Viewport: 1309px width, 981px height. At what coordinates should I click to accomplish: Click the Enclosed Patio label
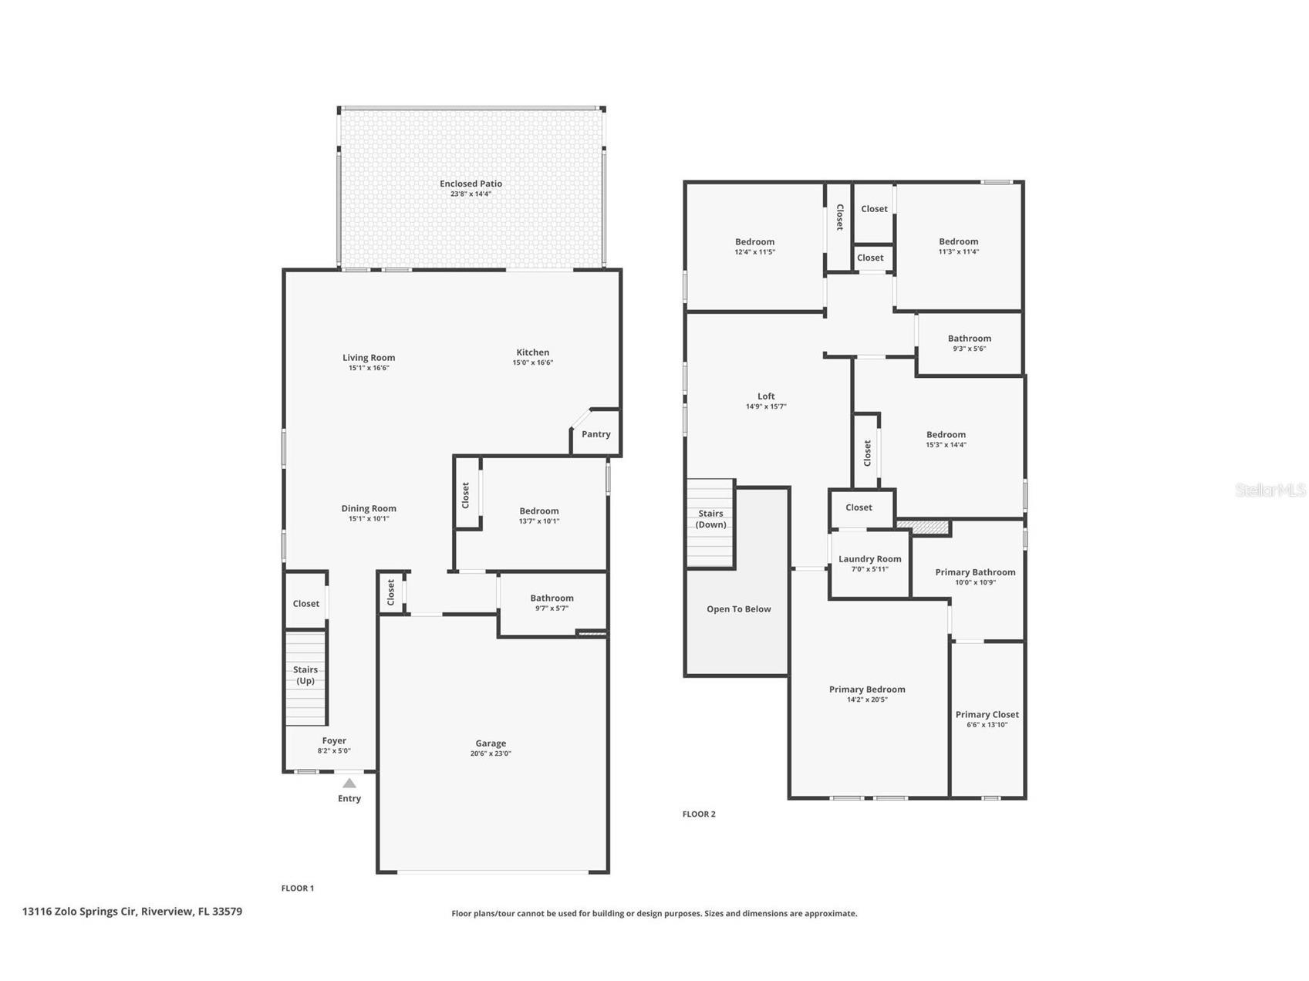tap(471, 184)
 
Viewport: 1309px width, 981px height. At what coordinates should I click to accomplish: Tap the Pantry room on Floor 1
tap(595, 434)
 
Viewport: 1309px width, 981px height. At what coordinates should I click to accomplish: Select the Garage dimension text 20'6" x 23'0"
tap(491, 753)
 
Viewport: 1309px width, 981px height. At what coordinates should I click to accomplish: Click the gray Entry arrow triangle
tap(349, 783)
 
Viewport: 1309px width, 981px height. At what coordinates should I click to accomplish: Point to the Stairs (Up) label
tap(305, 675)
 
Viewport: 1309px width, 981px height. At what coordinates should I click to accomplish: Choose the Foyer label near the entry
tap(334, 740)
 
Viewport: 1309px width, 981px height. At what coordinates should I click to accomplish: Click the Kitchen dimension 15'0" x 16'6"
tap(533, 362)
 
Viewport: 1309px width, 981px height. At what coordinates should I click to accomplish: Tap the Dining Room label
tap(369, 508)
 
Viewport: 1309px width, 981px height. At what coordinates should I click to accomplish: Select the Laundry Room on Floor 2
tap(869, 563)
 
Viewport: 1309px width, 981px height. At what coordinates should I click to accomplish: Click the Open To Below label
tap(738, 609)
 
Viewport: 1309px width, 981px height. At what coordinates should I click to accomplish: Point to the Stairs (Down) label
tap(710, 519)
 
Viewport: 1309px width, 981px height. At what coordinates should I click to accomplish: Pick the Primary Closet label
tap(987, 714)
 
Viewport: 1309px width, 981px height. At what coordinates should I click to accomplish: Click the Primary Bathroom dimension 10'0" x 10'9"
tap(975, 582)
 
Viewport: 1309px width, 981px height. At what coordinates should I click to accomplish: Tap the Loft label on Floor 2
tap(766, 396)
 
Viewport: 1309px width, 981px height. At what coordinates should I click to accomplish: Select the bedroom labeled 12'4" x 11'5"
tap(754, 246)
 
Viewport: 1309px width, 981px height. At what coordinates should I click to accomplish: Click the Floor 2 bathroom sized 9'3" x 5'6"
tap(970, 342)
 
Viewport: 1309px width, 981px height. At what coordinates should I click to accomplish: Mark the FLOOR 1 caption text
tap(297, 888)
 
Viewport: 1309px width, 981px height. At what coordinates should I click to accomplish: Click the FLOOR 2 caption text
tap(699, 814)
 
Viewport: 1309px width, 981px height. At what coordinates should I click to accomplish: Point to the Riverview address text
tap(132, 912)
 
